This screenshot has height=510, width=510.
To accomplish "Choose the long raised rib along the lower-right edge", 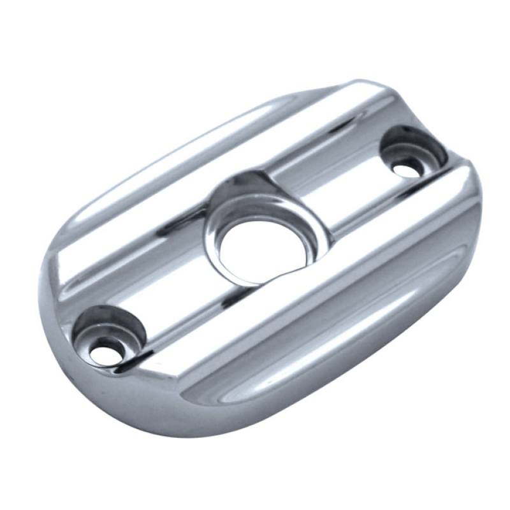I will pyautogui.click(x=331, y=280).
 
